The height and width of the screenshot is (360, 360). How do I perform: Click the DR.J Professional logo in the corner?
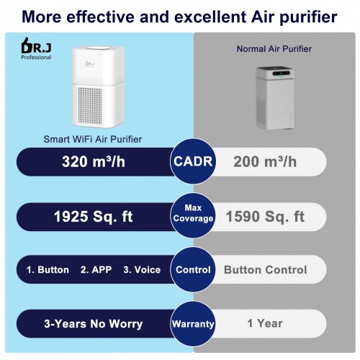pyautogui.click(x=36, y=48)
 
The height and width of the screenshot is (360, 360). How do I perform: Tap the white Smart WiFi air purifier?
pyautogui.click(x=98, y=87)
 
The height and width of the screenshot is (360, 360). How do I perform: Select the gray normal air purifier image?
pyautogui.click(x=275, y=98)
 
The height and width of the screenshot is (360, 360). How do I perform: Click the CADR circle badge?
pyautogui.click(x=193, y=161)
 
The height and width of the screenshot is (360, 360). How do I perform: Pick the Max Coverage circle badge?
pyautogui.click(x=193, y=215)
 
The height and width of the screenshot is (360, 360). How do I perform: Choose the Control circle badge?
pyautogui.click(x=193, y=269)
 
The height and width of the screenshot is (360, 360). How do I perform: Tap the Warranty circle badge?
pyautogui.click(x=193, y=324)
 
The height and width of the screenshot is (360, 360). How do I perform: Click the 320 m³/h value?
pyautogui.click(x=94, y=161)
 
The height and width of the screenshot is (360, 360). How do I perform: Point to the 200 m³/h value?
pyautogui.click(x=265, y=161)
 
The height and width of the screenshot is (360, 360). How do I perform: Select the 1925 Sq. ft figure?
pyautogui.click(x=94, y=217)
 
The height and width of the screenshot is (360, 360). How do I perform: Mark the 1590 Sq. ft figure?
pyautogui.click(x=265, y=217)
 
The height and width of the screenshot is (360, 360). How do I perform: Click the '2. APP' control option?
pyautogui.click(x=96, y=270)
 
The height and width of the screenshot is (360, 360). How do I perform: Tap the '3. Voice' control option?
pyautogui.click(x=142, y=270)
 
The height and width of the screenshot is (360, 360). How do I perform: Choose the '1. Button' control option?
pyautogui.click(x=48, y=270)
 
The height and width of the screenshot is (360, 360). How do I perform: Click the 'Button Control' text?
pyautogui.click(x=266, y=270)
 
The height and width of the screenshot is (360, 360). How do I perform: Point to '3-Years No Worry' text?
pyautogui.click(x=94, y=324)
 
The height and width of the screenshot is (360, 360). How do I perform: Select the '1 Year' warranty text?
pyautogui.click(x=265, y=323)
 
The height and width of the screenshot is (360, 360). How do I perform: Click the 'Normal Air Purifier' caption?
pyautogui.click(x=274, y=49)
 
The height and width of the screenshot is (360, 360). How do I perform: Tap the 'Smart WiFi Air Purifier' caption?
pyautogui.click(x=93, y=139)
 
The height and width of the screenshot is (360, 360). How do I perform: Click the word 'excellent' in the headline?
pyautogui.click(x=210, y=17)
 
